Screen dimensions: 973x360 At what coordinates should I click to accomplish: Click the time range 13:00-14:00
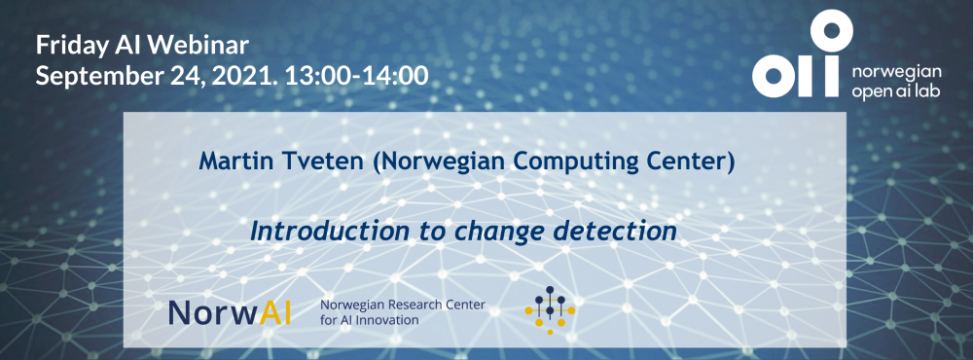[x=356, y=76]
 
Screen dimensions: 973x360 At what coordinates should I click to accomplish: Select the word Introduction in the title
[x=329, y=231]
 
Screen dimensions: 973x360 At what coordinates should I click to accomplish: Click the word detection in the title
[x=614, y=231]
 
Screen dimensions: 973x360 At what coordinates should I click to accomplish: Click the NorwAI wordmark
[x=230, y=313]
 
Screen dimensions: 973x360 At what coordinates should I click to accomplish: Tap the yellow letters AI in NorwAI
[x=275, y=313]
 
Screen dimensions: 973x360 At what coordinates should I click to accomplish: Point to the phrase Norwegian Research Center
[x=402, y=306]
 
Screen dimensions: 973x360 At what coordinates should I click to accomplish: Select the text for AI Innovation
[x=369, y=320]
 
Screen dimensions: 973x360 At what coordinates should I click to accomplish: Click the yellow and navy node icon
[x=550, y=309]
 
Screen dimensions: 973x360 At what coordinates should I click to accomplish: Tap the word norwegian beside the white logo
[x=897, y=73]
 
